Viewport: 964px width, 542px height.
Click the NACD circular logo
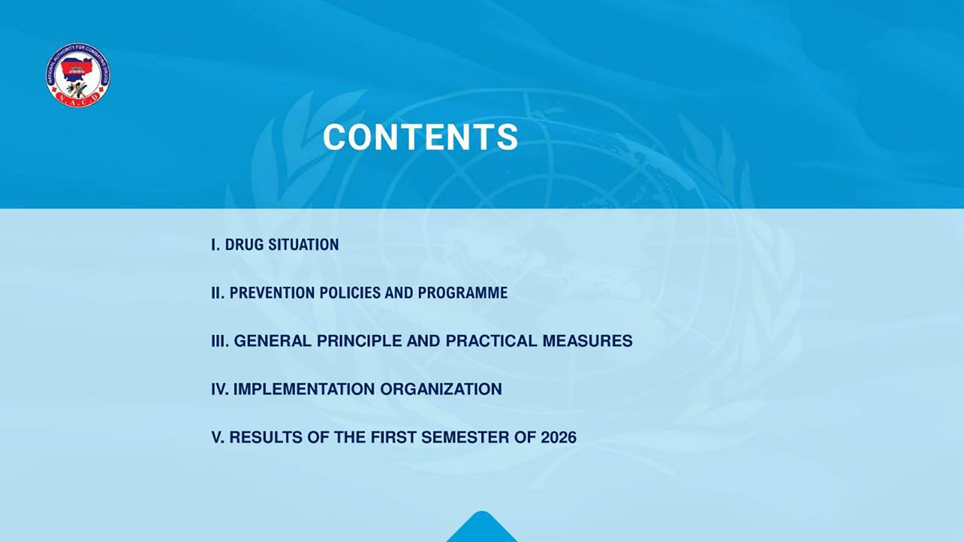[78, 75]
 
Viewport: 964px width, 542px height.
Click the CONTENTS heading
[420, 137]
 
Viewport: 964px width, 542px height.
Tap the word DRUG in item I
[244, 245]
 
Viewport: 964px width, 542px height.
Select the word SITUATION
[303, 245]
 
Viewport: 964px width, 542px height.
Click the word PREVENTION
[272, 293]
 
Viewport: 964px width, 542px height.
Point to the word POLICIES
[350, 293]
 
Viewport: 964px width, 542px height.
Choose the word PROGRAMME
[462, 293]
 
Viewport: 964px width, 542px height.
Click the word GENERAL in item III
[273, 341]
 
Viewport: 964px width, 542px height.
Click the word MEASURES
[587, 341]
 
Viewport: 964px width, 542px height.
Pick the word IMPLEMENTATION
[304, 389]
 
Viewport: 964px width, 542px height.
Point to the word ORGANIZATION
[441, 389]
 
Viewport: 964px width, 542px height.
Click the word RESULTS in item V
[266, 438]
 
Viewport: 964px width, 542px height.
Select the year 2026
[558, 438]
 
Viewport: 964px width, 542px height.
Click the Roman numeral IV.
[220, 389]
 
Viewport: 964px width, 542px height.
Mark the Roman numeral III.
[220, 341]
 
